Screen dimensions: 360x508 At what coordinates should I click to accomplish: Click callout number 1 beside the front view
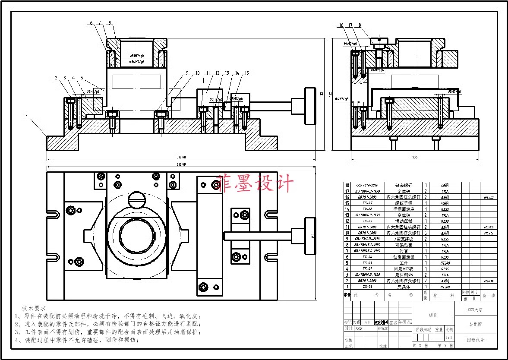pos(26,117)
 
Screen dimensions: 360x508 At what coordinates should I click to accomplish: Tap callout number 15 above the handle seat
pos(246,73)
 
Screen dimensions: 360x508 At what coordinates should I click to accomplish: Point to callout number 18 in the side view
pos(359,25)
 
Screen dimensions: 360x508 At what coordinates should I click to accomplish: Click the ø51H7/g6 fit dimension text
pos(137,56)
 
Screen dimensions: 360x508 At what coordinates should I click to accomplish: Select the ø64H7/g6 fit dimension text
pos(137,62)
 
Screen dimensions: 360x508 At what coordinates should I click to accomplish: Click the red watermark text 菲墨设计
pos(254,183)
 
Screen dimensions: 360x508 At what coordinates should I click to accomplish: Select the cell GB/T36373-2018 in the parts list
pos(367,239)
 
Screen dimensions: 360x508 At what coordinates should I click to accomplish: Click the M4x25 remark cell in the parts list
pos(488,197)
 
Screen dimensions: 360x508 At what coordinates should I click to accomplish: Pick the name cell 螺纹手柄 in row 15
pos(404,203)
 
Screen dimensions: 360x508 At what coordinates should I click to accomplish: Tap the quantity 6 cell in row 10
pos(425,233)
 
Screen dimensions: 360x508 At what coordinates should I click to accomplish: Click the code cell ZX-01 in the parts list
pos(367,286)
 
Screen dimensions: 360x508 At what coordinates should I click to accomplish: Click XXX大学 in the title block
pos(475,309)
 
